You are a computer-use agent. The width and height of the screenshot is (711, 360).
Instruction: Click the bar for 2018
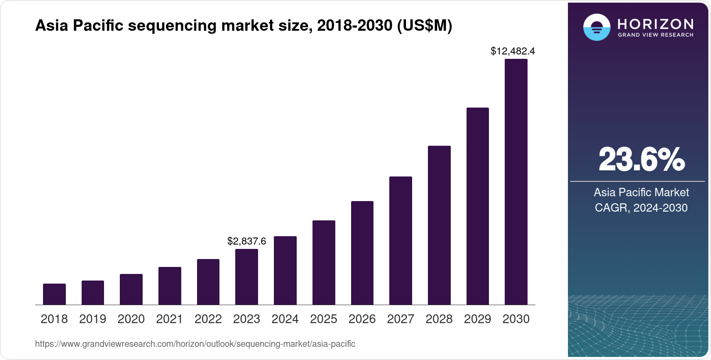click(x=54, y=294)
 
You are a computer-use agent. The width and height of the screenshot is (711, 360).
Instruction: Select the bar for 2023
click(x=247, y=277)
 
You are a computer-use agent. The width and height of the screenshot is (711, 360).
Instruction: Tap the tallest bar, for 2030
click(x=516, y=182)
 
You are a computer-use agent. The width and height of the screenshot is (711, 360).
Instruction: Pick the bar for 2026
click(x=362, y=253)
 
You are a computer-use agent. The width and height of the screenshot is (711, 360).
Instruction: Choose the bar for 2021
click(x=170, y=286)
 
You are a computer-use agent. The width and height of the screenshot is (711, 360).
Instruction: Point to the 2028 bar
click(x=439, y=225)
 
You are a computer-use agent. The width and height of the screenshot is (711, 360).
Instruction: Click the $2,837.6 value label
click(x=247, y=241)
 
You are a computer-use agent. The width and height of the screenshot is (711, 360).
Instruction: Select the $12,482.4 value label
click(x=513, y=51)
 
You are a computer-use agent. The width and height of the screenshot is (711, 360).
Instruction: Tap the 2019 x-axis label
click(x=93, y=319)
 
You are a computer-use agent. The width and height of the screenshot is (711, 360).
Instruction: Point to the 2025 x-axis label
click(x=323, y=319)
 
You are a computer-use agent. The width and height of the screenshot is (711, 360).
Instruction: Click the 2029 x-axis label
click(x=478, y=319)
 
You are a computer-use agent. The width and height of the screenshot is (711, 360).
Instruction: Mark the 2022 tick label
click(x=208, y=319)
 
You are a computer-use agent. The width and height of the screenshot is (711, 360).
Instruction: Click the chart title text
click(x=244, y=26)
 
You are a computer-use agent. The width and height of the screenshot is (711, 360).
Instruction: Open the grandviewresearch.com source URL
click(x=195, y=344)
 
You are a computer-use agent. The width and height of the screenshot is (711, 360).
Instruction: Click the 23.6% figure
click(x=641, y=159)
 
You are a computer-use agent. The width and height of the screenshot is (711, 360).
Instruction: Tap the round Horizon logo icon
click(x=596, y=27)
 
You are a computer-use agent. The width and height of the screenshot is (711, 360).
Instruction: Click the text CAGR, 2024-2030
click(x=641, y=208)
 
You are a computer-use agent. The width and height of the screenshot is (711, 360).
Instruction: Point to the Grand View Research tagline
click(x=655, y=35)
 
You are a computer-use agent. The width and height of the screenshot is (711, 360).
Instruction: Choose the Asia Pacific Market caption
click(x=641, y=192)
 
